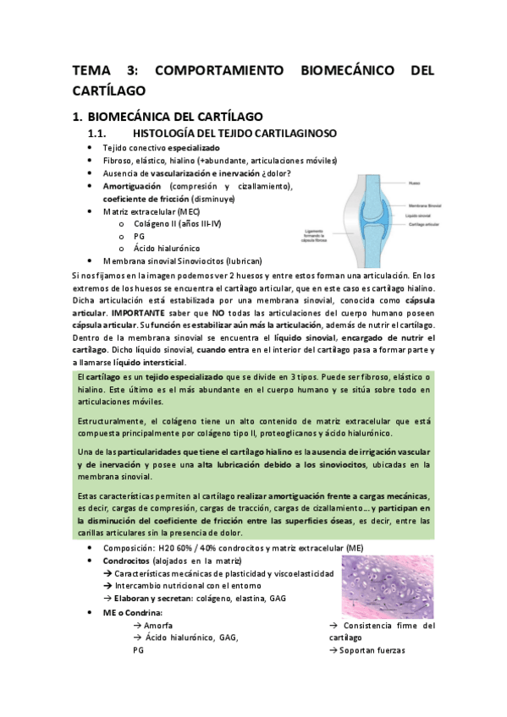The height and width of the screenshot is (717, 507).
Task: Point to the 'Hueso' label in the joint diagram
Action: tap(415, 182)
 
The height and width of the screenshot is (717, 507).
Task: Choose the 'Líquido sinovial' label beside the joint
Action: tap(423, 216)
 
